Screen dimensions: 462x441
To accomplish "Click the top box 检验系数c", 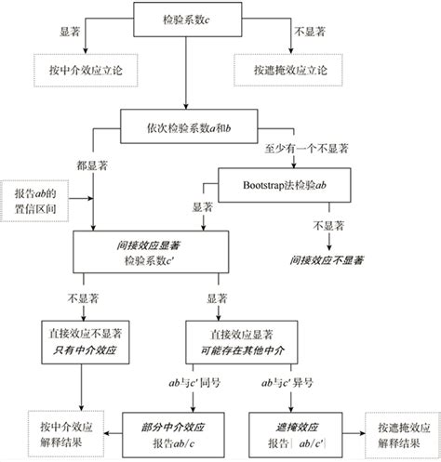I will click(186, 19).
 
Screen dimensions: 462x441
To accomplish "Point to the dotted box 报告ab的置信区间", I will click(37, 200).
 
